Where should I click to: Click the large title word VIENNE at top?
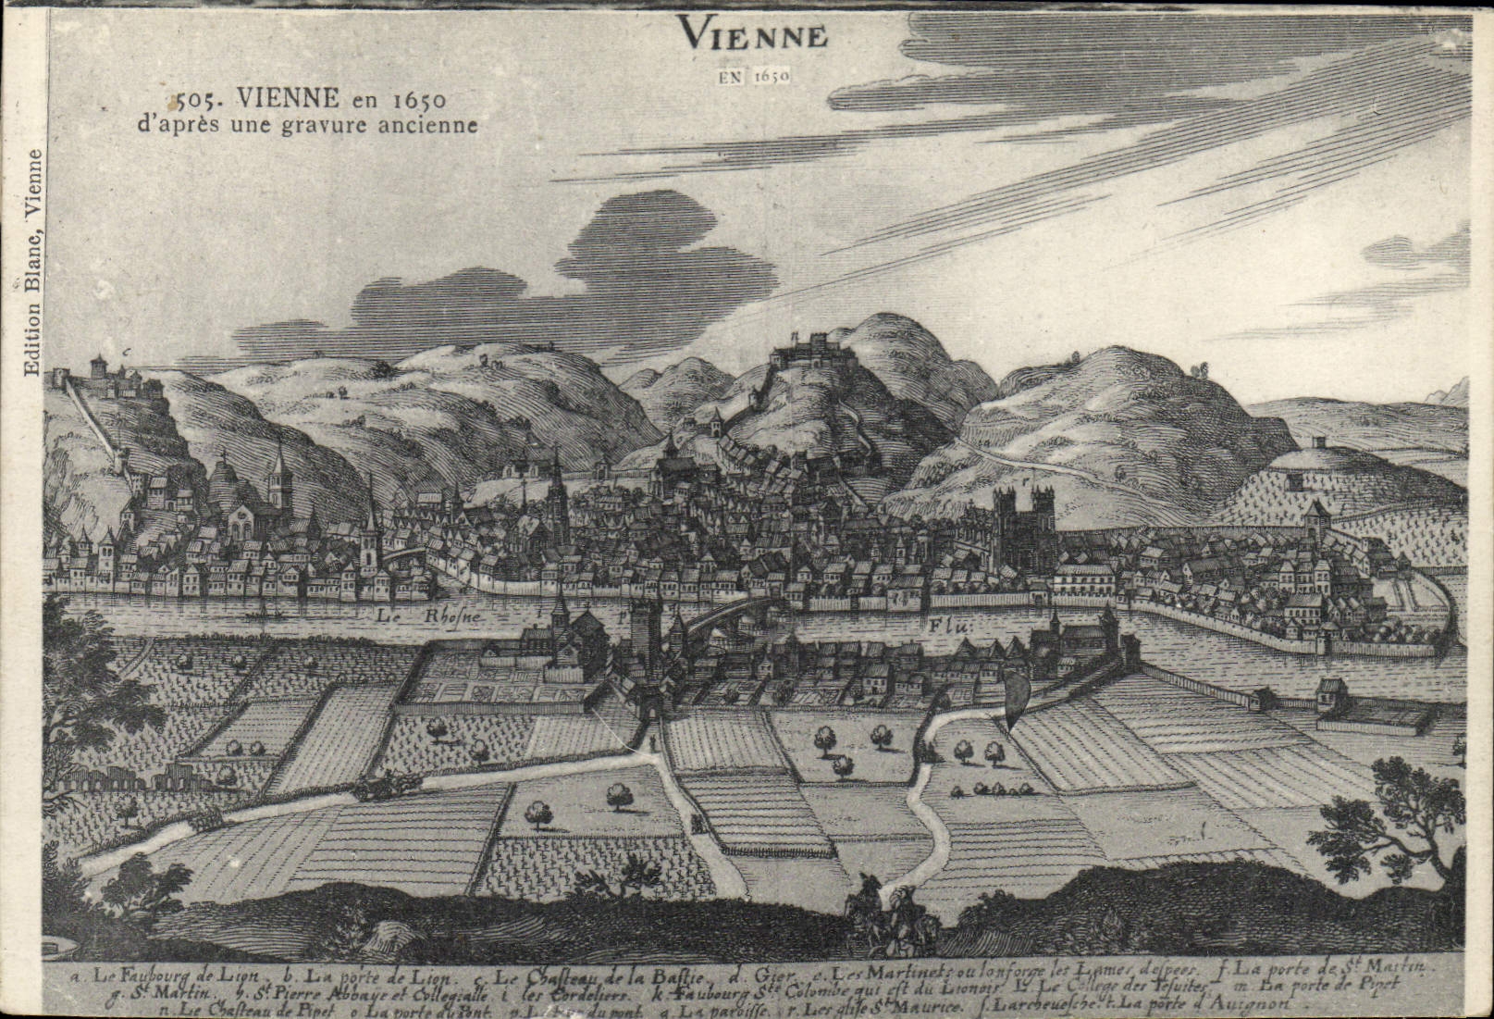[752, 34]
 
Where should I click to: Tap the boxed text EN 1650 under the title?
[753, 76]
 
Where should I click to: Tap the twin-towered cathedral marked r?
[1025, 528]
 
